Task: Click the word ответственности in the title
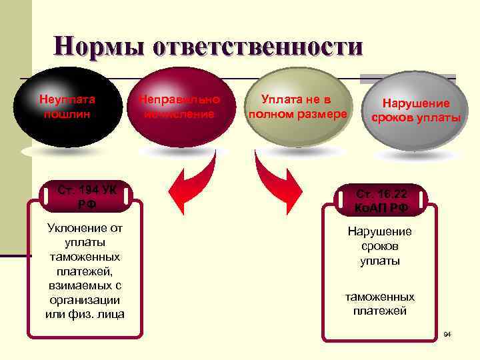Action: tap(258, 46)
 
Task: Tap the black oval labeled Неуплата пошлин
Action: tap(69, 110)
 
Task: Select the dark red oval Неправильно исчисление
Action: tap(179, 110)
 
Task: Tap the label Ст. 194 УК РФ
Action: tap(86, 197)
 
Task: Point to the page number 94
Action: tap(447, 333)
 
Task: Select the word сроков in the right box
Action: tap(380, 246)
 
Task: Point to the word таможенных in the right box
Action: tap(380, 297)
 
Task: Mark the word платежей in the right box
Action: tap(380, 311)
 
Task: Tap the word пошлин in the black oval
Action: tap(66, 114)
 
